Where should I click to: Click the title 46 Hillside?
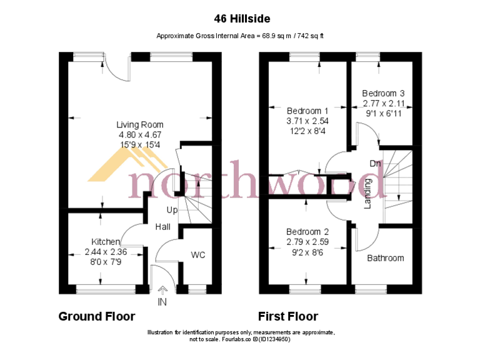[x=239, y=19]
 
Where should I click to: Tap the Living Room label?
[x=139, y=125]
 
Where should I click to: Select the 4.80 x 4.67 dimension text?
[x=139, y=134]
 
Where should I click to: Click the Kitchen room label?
[x=106, y=241]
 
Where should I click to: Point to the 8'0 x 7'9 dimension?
[x=106, y=261]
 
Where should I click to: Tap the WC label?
[x=198, y=255]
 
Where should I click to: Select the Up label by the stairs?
[x=172, y=209]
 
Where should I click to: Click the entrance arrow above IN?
[x=163, y=289]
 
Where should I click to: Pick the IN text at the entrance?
[x=162, y=302]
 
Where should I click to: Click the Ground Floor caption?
[x=96, y=316]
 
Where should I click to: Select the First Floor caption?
[x=288, y=316]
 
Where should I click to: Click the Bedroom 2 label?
[x=307, y=231]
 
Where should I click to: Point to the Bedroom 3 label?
[x=383, y=92]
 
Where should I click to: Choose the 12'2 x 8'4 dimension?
[x=307, y=131]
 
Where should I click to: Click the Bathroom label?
[x=385, y=258]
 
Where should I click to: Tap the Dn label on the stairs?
[x=375, y=164]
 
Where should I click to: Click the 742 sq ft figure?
[x=309, y=36]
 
